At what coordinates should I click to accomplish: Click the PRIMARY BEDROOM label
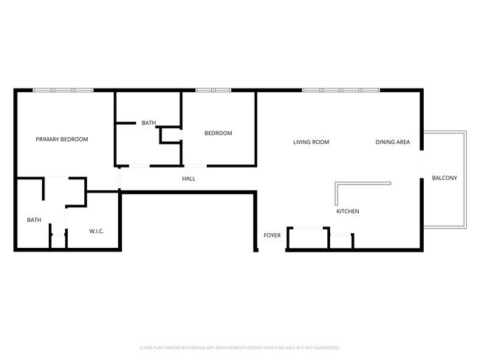coord(62,139)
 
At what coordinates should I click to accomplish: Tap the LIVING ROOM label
coord(311,142)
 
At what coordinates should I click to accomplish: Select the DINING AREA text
coord(392,142)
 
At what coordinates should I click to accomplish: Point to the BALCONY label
coord(445,178)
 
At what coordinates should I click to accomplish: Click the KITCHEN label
coord(348,212)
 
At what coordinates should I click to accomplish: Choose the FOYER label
coord(272,235)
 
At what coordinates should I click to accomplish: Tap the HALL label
coord(189,179)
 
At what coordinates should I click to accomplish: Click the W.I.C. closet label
coord(97,232)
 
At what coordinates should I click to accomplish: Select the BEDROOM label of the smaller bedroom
coord(218,134)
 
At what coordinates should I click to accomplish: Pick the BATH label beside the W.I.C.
coord(34,220)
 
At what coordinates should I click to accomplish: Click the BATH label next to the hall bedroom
coord(148,123)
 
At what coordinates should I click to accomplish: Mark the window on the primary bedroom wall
coord(63,90)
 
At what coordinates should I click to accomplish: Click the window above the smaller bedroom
coord(213,90)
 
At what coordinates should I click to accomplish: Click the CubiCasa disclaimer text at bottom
coord(239,347)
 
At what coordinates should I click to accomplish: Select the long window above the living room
coord(340,90)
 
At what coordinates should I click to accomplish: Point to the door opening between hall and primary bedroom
coord(118,179)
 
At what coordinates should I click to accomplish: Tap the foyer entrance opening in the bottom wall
coord(271,250)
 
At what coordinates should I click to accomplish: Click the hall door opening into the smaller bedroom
coord(195,165)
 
